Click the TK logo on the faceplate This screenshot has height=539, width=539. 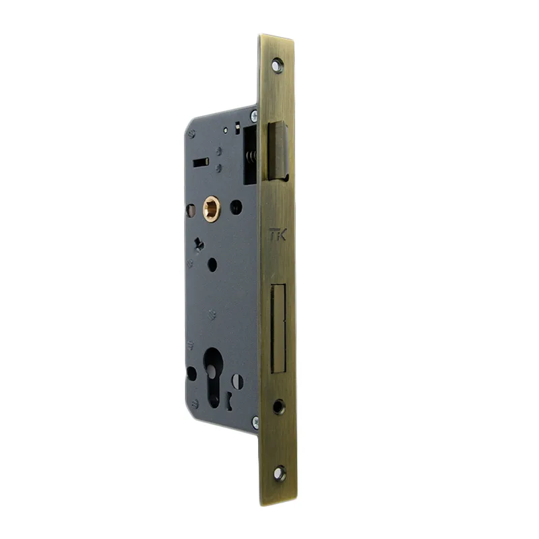[x=278, y=234]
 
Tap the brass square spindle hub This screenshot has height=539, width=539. [x=212, y=208]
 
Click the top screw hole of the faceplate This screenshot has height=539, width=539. [x=278, y=65]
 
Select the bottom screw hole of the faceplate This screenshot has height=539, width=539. [x=280, y=474]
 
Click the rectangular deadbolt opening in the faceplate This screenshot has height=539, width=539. [x=278, y=329]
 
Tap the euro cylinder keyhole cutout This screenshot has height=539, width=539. [x=213, y=377]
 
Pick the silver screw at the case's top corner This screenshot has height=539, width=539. [x=254, y=115]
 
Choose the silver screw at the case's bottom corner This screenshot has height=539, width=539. [x=255, y=422]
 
